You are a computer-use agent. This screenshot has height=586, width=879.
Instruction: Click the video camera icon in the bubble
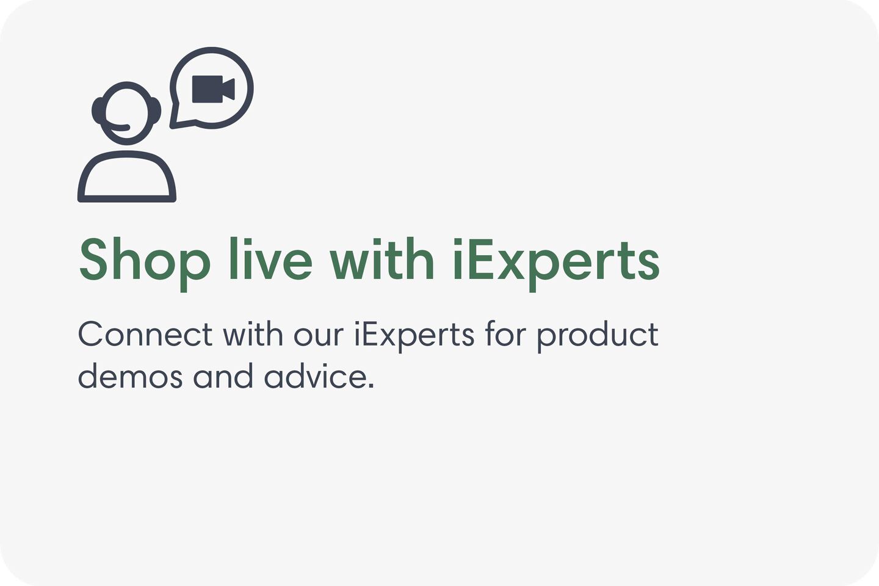click(212, 89)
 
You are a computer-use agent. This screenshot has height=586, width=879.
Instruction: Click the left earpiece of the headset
click(98, 110)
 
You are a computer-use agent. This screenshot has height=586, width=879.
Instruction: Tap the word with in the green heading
click(382, 260)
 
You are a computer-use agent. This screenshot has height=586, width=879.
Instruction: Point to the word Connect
click(145, 335)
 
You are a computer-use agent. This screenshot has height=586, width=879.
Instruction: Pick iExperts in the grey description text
click(414, 336)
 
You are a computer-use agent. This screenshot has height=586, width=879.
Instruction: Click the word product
click(598, 336)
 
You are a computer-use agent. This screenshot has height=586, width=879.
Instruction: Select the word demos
click(130, 376)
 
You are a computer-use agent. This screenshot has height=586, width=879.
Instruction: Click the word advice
click(316, 376)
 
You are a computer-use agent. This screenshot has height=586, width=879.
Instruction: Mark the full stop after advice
click(371, 386)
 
